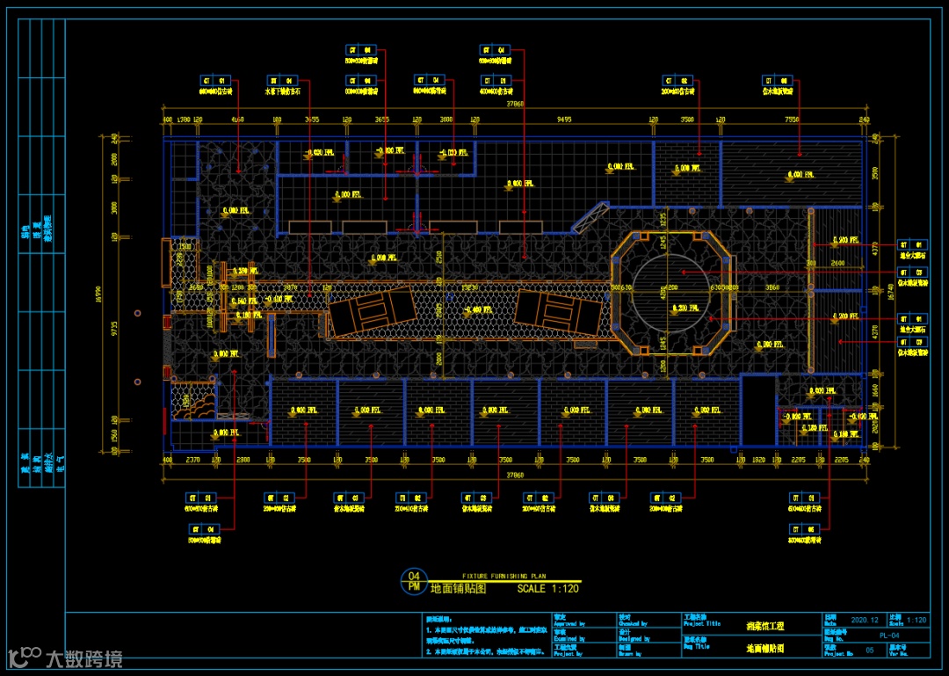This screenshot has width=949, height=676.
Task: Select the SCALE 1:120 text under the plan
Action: (547, 588)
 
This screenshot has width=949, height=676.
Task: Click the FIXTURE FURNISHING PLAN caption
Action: (503, 575)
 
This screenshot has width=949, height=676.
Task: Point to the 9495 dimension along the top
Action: (563, 119)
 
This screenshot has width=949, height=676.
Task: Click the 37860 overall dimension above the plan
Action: (514, 105)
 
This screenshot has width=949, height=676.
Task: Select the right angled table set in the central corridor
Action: (559, 310)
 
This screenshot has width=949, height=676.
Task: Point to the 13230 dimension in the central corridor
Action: (470, 287)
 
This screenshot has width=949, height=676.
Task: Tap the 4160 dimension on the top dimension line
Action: (236, 119)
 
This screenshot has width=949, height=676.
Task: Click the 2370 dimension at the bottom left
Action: (194, 459)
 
